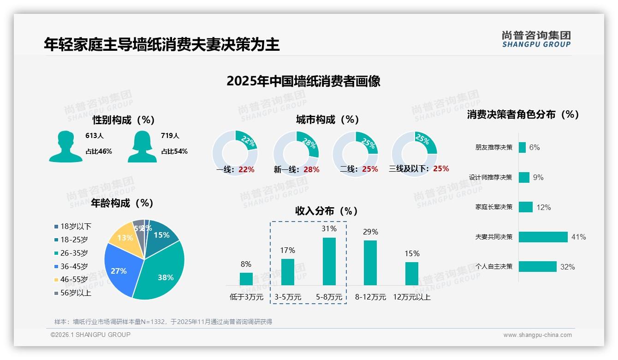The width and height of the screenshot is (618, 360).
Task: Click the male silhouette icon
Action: (65, 146)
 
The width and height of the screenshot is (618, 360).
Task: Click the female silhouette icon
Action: (142, 146)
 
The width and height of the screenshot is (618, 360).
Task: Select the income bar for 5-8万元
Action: (329, 261)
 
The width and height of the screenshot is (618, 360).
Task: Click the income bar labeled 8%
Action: (246, 279)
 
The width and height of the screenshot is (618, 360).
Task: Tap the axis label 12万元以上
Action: (411, 297)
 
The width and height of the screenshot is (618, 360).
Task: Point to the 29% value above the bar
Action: (370, 232)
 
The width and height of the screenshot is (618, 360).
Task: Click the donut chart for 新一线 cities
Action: (296, 154)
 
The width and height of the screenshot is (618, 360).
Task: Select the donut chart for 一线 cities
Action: (235, 154)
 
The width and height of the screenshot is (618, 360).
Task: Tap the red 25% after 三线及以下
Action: (441, 168)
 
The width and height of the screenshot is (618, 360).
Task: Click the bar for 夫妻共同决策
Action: (543, 237)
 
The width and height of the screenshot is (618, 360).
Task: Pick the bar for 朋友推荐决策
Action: (522, 147)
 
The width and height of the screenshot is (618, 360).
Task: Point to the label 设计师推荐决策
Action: (490, 177)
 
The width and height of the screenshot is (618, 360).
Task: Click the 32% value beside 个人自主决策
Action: (567, 267)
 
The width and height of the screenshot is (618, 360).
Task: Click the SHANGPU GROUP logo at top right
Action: (536, 39)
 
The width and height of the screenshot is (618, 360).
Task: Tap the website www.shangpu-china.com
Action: (537, 335)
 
